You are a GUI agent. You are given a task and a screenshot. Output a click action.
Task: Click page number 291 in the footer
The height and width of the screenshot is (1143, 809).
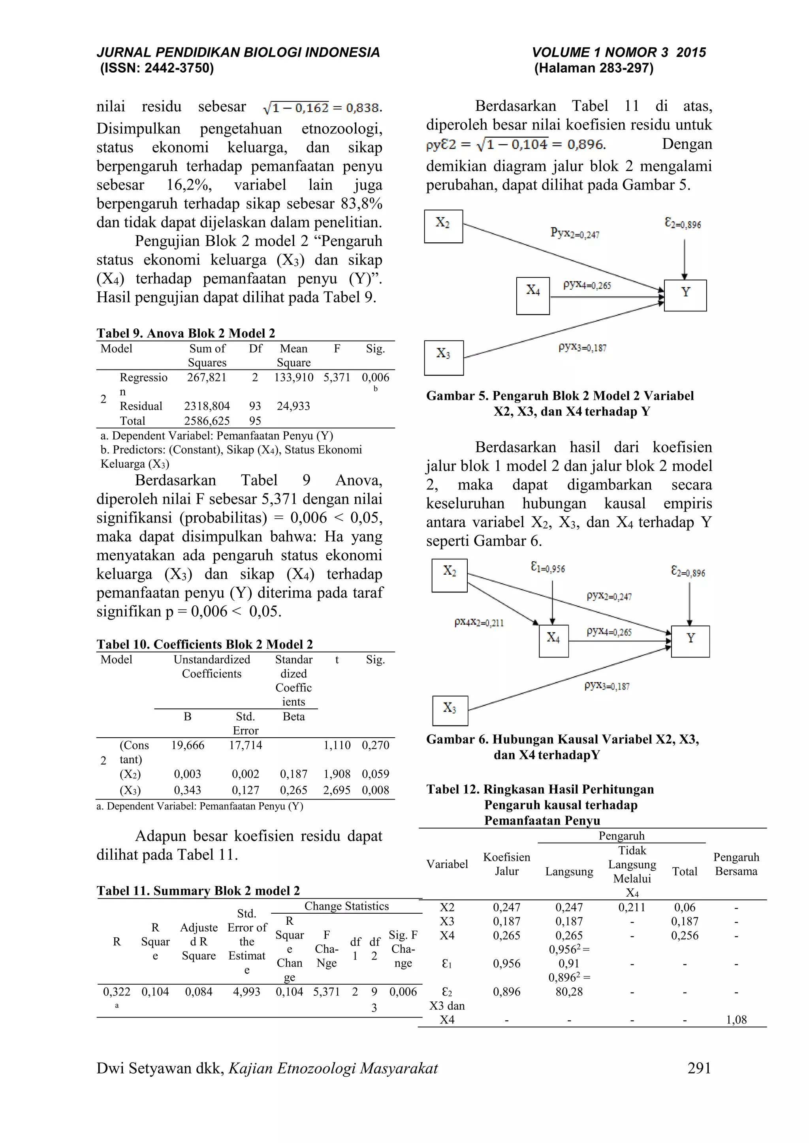coord(699,1068)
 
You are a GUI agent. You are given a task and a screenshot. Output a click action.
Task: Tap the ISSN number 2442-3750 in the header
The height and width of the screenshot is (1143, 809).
coord(178,68)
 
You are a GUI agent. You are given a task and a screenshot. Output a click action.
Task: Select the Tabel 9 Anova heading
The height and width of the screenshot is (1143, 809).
coord(186,333)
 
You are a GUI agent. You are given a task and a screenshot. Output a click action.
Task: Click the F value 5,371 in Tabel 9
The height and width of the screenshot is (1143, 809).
coord(337,377)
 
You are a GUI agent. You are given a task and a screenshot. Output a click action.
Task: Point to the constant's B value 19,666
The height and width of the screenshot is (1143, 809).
coord(188,745)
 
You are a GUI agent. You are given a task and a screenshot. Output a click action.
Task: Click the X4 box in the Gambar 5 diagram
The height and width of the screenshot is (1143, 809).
coord(532,296)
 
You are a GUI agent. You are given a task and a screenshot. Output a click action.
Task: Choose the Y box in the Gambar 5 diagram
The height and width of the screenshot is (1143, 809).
coord(685,295)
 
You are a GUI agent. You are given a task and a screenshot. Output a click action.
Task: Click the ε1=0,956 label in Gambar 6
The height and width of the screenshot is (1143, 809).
coord(548,568)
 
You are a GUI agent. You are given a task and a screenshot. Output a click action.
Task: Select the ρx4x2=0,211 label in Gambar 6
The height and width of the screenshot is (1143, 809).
coord(479,622)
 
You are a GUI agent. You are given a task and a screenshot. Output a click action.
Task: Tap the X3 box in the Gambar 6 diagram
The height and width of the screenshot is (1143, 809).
coord(450,710)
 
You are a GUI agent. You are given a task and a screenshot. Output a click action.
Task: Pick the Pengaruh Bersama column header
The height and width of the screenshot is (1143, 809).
coord(736,864)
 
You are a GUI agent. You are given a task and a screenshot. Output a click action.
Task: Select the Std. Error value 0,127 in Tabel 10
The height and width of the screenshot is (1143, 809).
coord(246,790)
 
